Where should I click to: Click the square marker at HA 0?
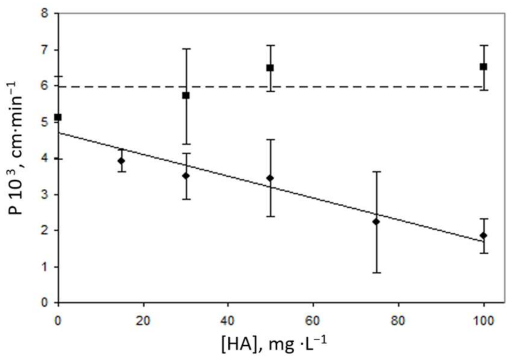coord(58,117)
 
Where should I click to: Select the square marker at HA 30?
coord(186,95)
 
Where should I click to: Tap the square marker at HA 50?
coord(270,68)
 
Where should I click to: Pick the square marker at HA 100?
coord(483,67)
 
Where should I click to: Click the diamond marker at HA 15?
coord(121,161)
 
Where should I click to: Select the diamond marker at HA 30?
coord(186,176)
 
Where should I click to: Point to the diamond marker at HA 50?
coord(270,178)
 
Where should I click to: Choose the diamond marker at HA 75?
coord(376,222)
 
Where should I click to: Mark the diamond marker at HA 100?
coord(483,235)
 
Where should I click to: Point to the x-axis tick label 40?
coord(228,321)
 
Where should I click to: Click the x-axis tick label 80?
coord(398,321)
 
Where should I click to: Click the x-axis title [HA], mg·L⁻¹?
coord(274,344)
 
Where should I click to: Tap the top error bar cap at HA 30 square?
coord(186,49)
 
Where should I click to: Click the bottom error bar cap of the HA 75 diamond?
coord(376,272)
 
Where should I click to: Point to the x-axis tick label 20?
coord(143,321)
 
